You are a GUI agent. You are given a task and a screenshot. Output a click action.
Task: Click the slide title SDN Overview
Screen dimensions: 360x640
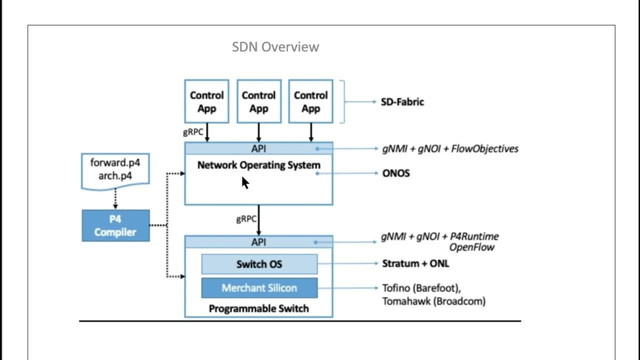pyautogui.click(x=275, y=47)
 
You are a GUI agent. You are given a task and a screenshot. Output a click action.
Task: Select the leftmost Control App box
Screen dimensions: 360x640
pyautogui.click(x=206, y=101)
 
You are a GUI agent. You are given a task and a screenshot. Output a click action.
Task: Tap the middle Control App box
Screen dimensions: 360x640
pyautogui.click(x=258, y=101)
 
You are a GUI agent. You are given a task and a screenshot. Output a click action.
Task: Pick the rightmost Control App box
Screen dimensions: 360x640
pyautogui.click(x=310, y=101)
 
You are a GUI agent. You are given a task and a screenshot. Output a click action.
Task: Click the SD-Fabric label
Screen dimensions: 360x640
pyautogui.click(x=402, y=102)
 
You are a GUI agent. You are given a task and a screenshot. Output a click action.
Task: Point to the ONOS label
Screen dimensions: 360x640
pyautogui.click(x=395, y=173)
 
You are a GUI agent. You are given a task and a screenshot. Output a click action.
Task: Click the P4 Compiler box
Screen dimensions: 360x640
pyautogui.click(x=115, y=225)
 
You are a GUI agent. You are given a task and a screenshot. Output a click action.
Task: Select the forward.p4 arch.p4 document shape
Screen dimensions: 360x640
pyautogui.click(x=115, y=170)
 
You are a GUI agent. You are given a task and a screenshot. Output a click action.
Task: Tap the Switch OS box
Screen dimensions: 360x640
pyautogui.click(x=259, y=264)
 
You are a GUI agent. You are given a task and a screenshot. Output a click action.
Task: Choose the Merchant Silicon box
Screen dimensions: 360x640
pyautogui.click(x=259, y=288)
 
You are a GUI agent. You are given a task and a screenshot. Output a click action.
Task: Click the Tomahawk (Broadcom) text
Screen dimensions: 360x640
pyautogui.click(x=433, y=301)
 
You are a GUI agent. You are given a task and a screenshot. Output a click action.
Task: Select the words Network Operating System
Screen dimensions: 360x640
pyautogui.click(x=258, y=165)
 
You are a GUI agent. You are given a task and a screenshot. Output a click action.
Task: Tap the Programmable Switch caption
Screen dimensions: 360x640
pyautogui.click(x=258, y=308)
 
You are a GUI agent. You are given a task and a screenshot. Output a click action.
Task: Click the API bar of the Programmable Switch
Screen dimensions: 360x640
pyautogui.click(x=258, y=242)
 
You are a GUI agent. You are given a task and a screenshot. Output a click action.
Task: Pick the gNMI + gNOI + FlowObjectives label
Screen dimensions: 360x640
pyautogui.click(x=450, y=148)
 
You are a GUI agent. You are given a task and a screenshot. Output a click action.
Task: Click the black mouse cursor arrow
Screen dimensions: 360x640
pyautogui.click(x=245, y=182)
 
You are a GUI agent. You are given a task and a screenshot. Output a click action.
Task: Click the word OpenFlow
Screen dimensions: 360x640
pyautogui.click(x=471, y=247)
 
